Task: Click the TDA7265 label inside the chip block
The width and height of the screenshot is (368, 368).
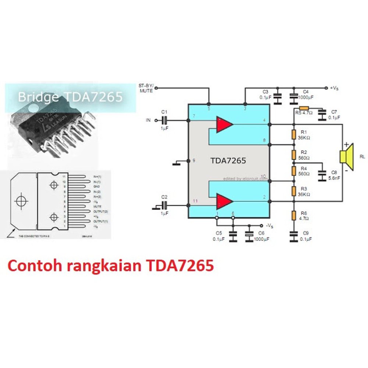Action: point(228,161)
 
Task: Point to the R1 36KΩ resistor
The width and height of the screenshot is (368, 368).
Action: point(294,134)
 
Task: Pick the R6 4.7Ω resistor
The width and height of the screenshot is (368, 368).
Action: point(294,216)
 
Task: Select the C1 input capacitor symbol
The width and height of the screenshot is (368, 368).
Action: point(164,120)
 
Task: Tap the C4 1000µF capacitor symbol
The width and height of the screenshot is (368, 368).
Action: point(294,96)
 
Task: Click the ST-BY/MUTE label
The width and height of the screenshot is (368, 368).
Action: point(146,88)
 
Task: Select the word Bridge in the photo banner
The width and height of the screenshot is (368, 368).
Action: point(38,97)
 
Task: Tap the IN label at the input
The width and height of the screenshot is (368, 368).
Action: point(148,120)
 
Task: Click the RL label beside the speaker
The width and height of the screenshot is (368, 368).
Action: point(362,156)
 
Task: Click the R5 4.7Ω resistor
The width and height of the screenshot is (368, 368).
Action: point(307,109)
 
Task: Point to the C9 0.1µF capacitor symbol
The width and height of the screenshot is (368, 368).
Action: point(294,236)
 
